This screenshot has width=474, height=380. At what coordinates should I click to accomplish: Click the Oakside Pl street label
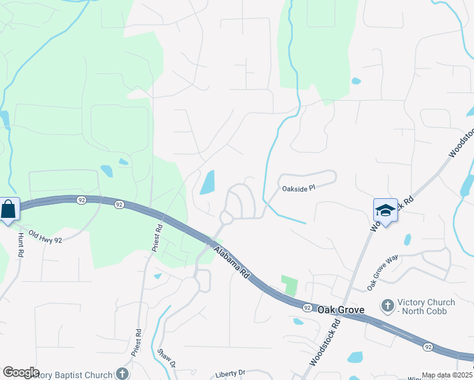point(298,188)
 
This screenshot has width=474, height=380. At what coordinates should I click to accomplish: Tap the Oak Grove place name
point(340,310)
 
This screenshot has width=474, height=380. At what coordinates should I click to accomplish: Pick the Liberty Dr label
point(229,374)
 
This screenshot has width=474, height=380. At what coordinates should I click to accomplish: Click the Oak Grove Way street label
point(383,273)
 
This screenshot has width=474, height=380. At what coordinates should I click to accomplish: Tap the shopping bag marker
point(9,209)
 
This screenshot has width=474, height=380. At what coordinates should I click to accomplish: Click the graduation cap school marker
point(385,210)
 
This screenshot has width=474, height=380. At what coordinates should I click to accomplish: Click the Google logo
point(21,372)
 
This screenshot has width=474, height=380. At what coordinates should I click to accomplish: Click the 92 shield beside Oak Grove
point(307,308)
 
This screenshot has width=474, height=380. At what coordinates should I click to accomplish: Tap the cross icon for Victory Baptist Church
point(122,374)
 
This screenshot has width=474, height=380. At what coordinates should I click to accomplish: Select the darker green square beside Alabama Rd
point(289,285)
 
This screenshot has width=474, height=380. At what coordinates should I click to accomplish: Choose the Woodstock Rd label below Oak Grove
point(325,343)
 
